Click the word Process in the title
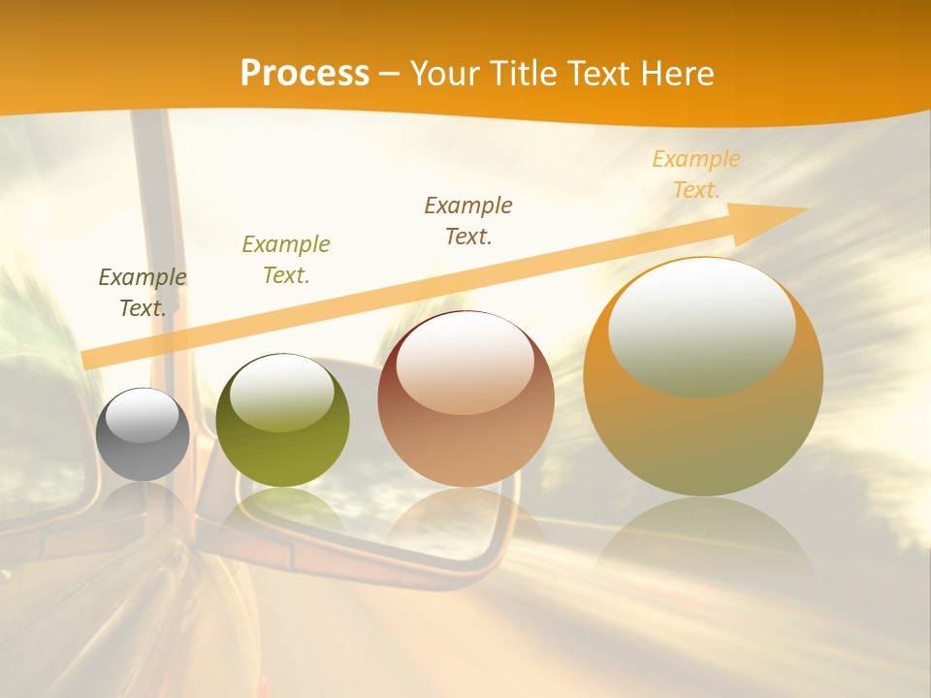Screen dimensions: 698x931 (x=305, y=74)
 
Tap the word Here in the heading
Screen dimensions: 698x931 (x=677, y=74)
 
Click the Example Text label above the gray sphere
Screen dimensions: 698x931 (x=143, y=293)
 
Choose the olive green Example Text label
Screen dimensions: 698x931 (x=285, y=260)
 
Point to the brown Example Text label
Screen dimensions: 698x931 (x=468, y=221)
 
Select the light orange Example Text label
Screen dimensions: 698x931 (x=696, y=174)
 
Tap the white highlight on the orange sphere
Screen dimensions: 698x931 (x=701, y=325)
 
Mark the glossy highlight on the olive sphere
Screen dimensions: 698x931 (x=281, y=391)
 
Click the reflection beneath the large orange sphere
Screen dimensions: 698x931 (x=703, y=543)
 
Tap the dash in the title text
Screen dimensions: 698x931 (x=389, y=74)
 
